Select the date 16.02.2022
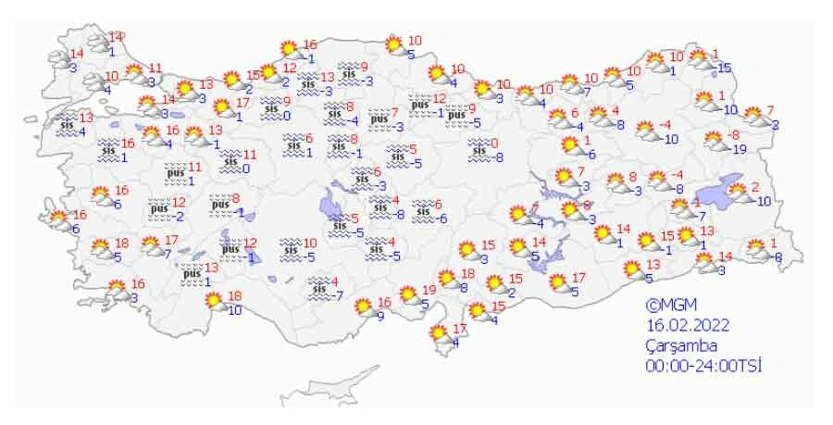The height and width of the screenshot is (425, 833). pos(690,325)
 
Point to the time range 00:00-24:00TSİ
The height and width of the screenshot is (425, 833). pos(703,366)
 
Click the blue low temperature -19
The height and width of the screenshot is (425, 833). pos(739,149)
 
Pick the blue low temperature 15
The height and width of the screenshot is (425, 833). pos(724,68)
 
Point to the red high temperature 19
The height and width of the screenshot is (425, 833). pos(429,289)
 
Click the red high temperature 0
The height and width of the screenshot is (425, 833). pos(495,143)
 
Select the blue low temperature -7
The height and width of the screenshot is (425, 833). pos(339,296)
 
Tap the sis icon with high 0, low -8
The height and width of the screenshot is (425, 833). pos(479,148)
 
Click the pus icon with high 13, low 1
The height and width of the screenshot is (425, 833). pos(193,273)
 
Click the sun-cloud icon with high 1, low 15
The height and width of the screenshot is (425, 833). pos(702,60)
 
